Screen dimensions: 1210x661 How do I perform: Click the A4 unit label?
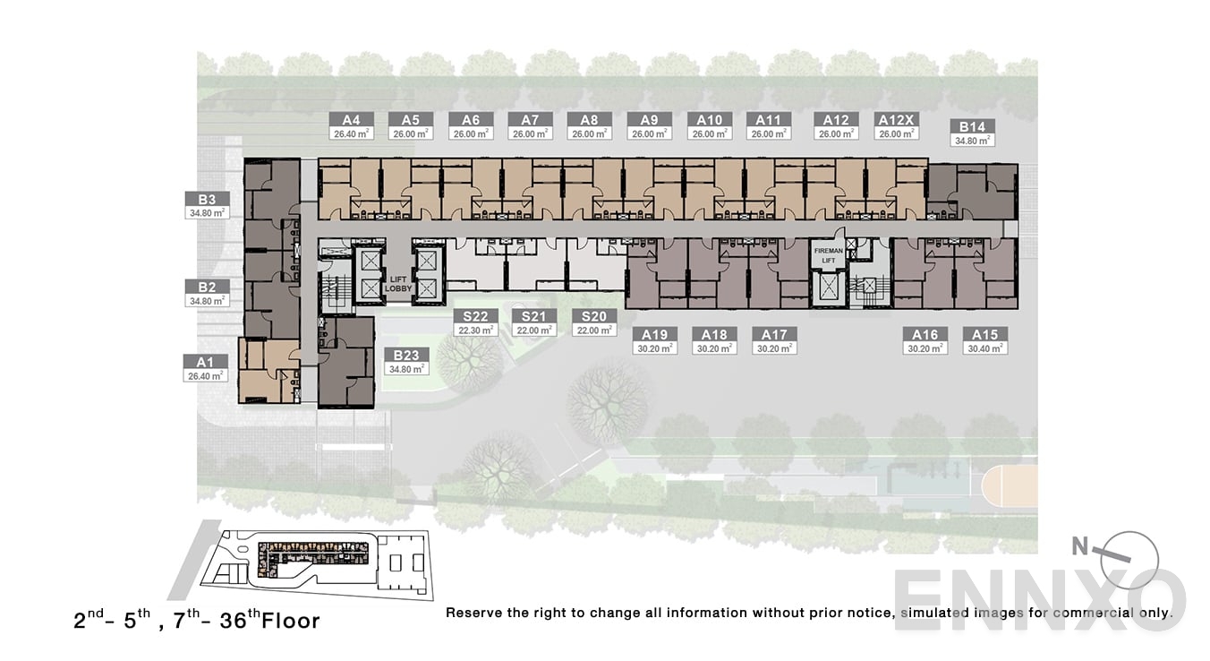(x=351, y=120)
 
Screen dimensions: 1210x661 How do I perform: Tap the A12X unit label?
(x=896, y=120)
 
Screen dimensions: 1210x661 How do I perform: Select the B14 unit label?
(x=972, y=127)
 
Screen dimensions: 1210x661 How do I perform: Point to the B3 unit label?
(x=207, y=200)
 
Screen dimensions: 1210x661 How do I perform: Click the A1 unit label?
(x=205, y=362)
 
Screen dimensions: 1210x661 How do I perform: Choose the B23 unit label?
(x=406, y=355)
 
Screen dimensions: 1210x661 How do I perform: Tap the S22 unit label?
(x=475, y=316)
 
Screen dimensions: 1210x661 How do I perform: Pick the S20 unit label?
(x=594, y=316)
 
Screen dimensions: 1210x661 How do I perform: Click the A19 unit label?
(x=655, y=335)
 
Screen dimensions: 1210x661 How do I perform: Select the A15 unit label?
(x=985, y=335)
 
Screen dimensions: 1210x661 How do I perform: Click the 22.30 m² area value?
(x=475, y=330)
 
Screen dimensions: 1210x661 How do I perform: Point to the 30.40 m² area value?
(x=985, y=348)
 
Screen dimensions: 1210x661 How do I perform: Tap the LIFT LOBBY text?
(x=398, y=284)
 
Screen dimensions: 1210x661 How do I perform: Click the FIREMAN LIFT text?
(x=829, y=255)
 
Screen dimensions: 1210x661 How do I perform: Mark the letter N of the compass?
(x=1080, y=546)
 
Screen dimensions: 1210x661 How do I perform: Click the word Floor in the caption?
(x=291, y=621)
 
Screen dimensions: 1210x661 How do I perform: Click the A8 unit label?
(x=589, y=120)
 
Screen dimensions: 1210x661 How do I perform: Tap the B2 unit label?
(x=207, y=287)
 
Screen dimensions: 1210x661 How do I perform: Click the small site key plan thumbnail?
(x=317, y=563)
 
